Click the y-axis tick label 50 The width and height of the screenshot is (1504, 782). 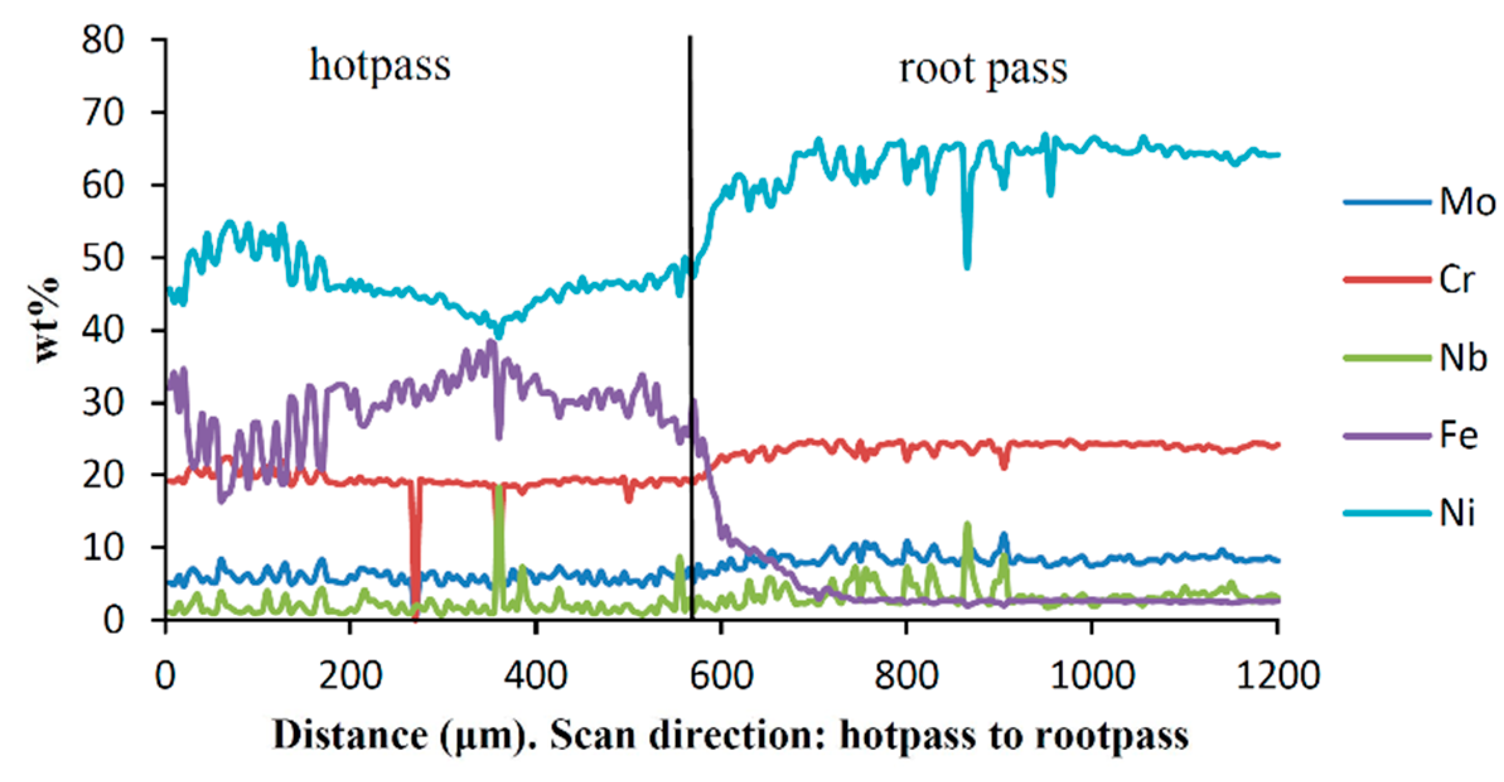(103, 258)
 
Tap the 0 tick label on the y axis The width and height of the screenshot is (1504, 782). (113, 621)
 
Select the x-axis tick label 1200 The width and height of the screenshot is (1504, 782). (1277, 676)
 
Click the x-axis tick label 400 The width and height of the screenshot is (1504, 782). (536, 676)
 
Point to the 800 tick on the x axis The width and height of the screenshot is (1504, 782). (906, 676)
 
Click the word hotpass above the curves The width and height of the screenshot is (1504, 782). (379, 66)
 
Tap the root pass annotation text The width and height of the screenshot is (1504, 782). (983, 69)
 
